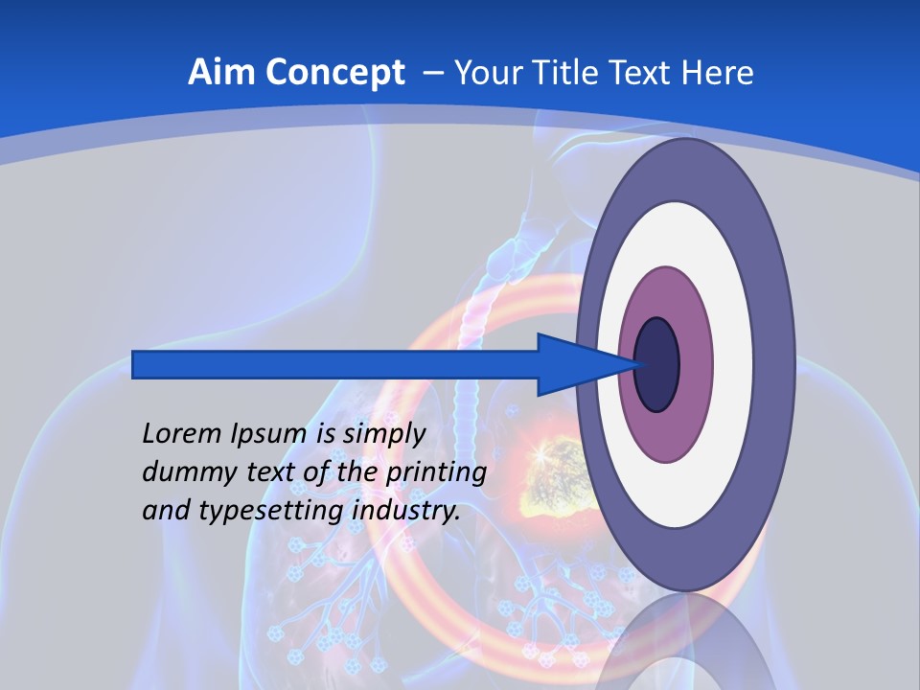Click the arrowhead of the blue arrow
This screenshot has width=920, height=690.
pos(575,364)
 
